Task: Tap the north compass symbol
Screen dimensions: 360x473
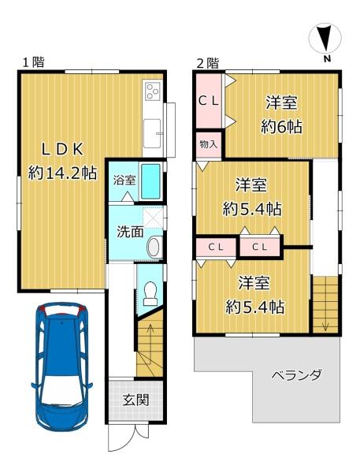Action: pyautogui.click(x=325, y=41)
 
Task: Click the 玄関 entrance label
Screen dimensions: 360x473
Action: pyautogui.click(x=135, y=400)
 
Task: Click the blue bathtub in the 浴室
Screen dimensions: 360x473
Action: pyautogui.click(x=150, y=181)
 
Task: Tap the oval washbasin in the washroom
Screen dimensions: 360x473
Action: pyautogui.click(x=154, y=247)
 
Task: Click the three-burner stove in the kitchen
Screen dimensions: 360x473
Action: pyautogui.click(x=153, y=91)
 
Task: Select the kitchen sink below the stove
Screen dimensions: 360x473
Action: pyautogui.click(x=152, y=133)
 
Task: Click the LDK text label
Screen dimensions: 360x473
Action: pyautogui.click(x=62, y=149)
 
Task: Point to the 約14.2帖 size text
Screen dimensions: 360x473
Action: pyautogui.click(x=63, y=173)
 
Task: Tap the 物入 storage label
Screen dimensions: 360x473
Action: pyautogui.click(x=209, y=144)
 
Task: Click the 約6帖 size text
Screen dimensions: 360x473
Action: pyautogui.click(x=281, y=127)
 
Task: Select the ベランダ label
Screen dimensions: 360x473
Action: pyautogui.click(x=297, y=375)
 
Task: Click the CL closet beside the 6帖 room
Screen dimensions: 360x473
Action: pyautogui.click(x=209, y=102)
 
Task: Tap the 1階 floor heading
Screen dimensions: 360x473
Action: pyautogui.click(x=33, y=62)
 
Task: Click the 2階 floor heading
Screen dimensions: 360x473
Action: pyautogui.click(x=208, y=63)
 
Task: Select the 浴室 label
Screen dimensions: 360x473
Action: pyautogui.click(x=124, y=181)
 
